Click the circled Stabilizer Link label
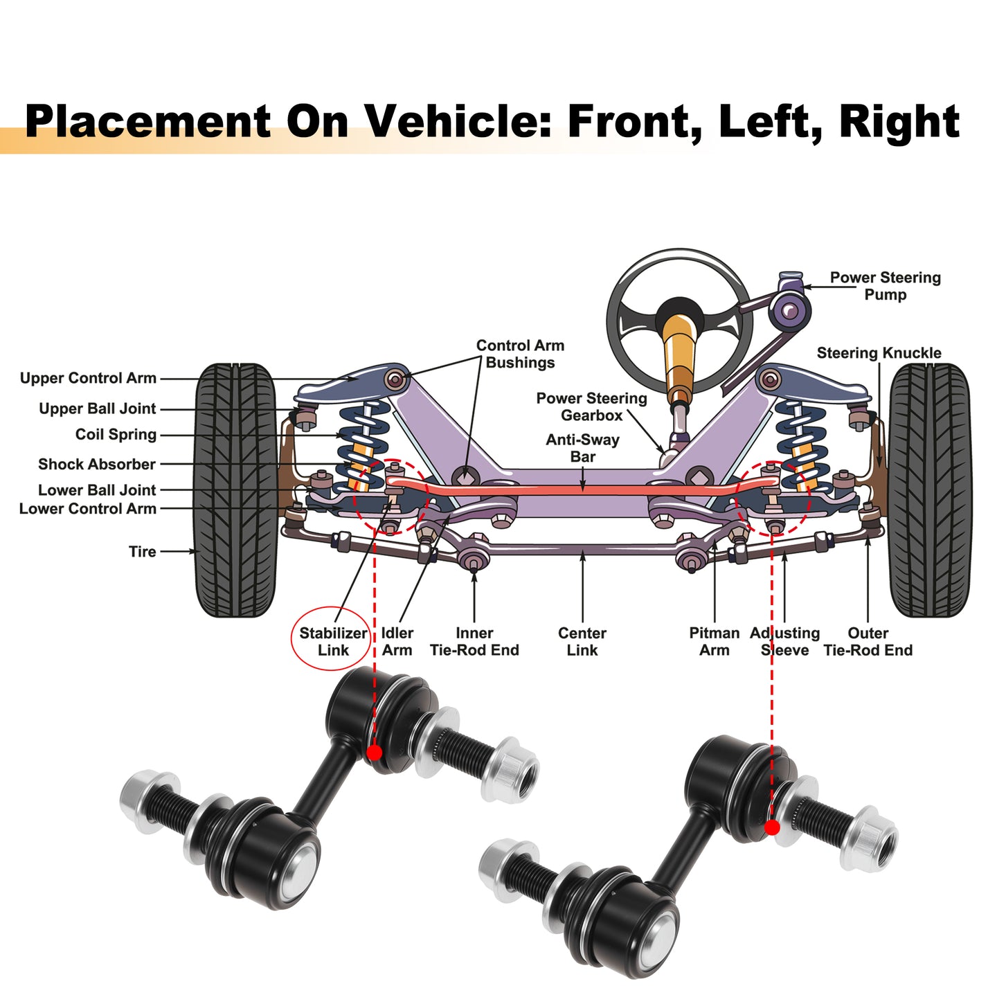[332, 642]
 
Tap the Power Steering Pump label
[885, 286]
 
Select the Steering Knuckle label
[879, 353]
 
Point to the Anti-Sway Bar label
[582, 448]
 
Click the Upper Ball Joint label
[97, 408]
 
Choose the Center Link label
[582, 642]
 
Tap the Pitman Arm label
[714, 642]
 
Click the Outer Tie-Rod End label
[868, 642]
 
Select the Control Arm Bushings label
[520, 354]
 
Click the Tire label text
[143, 552]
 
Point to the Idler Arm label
[397, 642]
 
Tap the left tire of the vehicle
[235, 490]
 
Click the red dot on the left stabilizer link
[374, 753]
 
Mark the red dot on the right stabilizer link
[772, 828]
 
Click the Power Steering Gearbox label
[591, 406]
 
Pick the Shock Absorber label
[97, 464]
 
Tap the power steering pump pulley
[789, 310]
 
